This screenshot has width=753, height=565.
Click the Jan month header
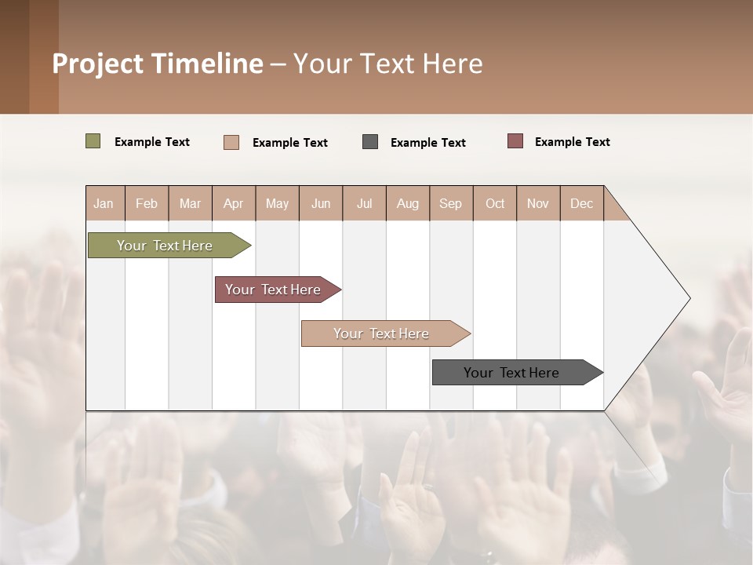[x=104, y=203]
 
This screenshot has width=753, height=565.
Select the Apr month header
[x=234, y=203]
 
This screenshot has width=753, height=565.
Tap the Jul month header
[x=364, y=203]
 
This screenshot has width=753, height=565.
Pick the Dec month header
[x=581, y=203]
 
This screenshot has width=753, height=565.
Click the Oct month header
[x=495, y=203]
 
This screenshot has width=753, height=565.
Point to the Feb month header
[x=147, y=203]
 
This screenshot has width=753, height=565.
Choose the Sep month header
[x=451, y=203]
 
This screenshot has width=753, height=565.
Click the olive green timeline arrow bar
[x=165, y=246]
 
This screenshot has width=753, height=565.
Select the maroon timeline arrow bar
[x=273, y=290]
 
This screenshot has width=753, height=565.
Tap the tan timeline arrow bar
[x=381, y=334]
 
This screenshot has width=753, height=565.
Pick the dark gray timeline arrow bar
[x=511, y=373]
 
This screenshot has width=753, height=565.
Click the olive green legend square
[x=93, y=141]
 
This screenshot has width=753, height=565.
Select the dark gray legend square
[x=370, y=141]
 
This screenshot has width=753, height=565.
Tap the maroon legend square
[x=515, y=141]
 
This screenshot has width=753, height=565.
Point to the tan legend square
[x=231, y=142]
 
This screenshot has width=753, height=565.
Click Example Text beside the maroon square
[x=572, y=142]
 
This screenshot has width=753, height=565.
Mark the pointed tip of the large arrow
[x=689, y=298]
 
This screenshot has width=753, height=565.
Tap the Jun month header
[x=321, y=203]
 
